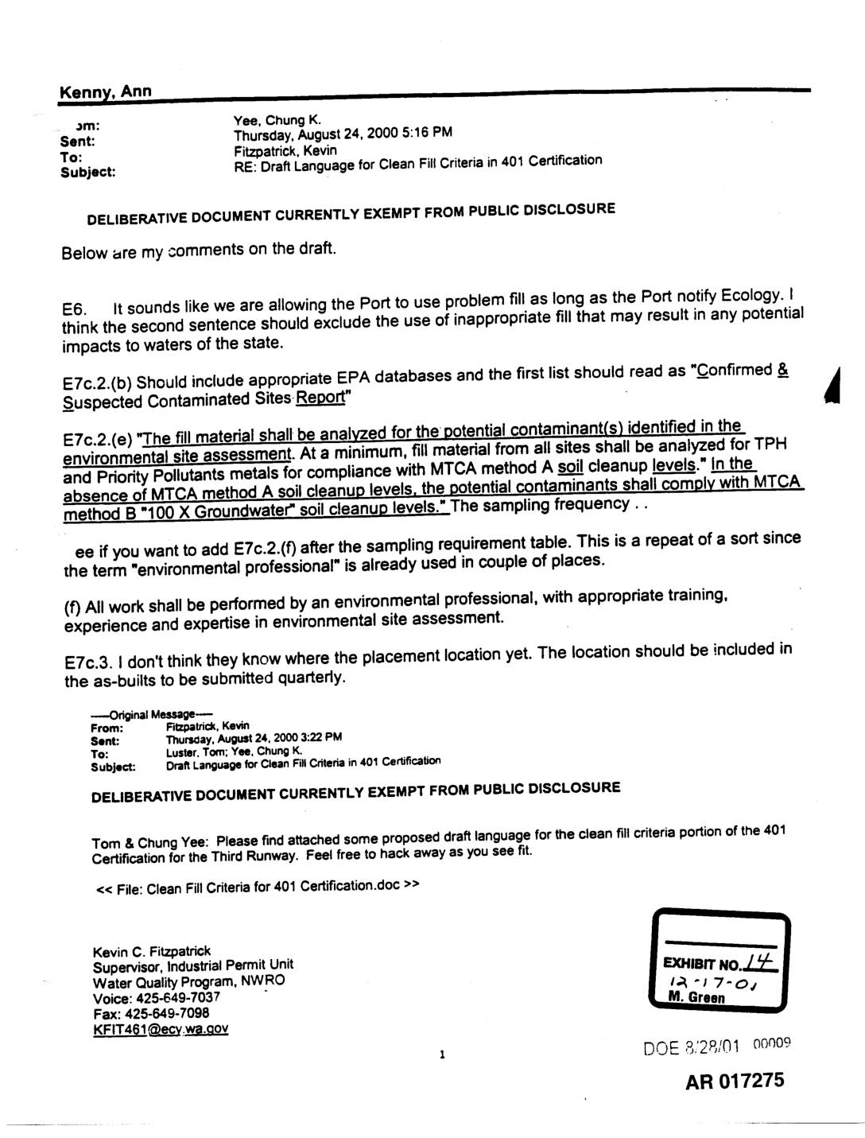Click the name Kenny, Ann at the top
click(x=105, y=92)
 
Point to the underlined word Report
click(x=322, y=397)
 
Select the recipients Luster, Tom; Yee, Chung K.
click(x=234, y=752)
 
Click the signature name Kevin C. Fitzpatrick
click(x=152, y=951)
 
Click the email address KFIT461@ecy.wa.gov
click(x=161, y=1029)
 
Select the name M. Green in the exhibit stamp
click(x=697, y=997)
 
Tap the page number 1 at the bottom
click(x=441, y=1055)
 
